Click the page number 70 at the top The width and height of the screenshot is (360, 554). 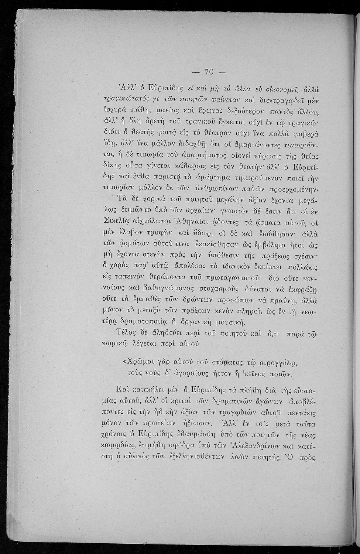[209, 72]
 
